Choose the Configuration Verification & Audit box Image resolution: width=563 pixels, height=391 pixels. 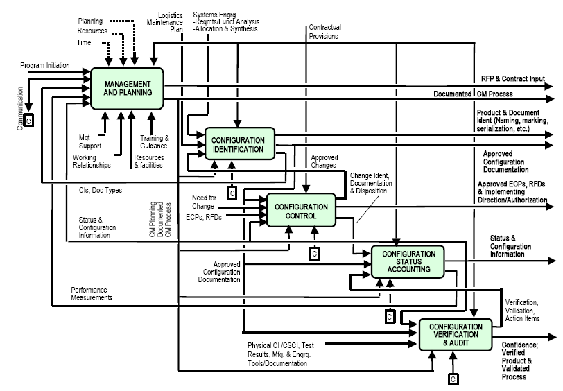pos(456,335)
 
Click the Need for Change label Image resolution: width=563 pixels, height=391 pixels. pos(209,202)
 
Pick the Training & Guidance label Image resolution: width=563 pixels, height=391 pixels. pos(153,141)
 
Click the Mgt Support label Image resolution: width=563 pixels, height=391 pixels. pos(89,141)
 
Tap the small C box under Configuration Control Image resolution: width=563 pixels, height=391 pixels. pos(313,254)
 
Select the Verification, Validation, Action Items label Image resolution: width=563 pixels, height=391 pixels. pos(523,310)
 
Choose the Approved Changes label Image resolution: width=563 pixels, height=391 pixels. pos(324,162)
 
